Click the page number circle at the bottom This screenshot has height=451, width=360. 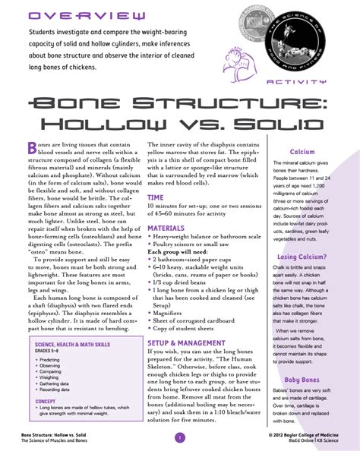tap(179, 437)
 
